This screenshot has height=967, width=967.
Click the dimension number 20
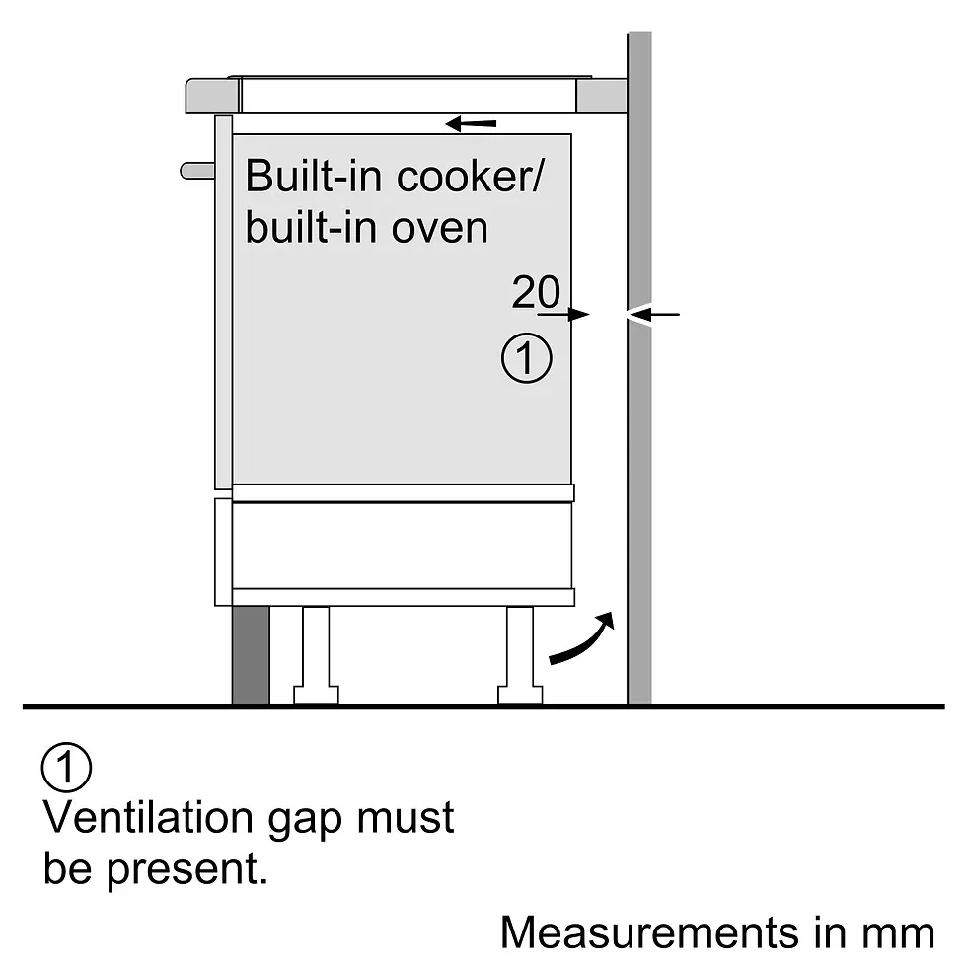pos(536,292)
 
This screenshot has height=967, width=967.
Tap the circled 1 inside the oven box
pos(527,359)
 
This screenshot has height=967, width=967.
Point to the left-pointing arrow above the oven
pos(471,124)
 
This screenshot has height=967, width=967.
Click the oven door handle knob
pos(196,171)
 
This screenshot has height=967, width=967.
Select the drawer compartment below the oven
pos(403,545)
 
